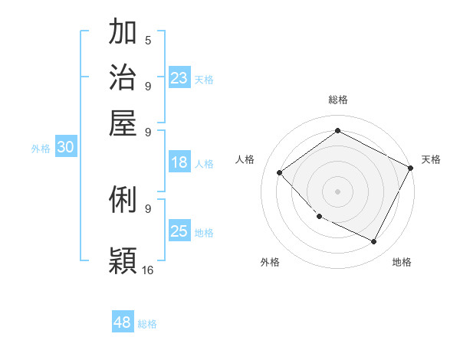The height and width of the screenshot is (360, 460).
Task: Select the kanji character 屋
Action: click(x=123, y=122)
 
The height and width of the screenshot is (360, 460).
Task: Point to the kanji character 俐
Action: click(x=123, y=201)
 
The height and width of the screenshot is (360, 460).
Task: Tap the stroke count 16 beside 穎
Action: click(x=148, y=270)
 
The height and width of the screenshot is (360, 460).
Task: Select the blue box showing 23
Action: click(x=179, y=78)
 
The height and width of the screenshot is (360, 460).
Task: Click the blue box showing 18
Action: click(x=179, y=162)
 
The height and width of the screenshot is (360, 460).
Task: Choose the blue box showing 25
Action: click(x=179, y=231)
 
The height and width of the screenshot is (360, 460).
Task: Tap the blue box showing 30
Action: click(x=65, y=148)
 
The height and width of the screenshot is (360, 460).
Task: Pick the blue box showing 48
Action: click(x=123, y=322)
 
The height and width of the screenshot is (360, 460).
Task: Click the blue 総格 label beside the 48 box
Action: click(x=147, y=324)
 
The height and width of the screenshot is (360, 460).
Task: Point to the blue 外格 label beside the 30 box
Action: click(x=41, y=149)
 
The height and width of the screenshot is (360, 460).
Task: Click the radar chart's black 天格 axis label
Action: click(x=431, y=159)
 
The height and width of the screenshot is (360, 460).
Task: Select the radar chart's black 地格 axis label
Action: click(x=402, y=262)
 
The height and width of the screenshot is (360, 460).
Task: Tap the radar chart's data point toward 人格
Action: click(x=280, y=173)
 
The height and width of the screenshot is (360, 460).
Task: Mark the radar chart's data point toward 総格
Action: click(x=337, y=131)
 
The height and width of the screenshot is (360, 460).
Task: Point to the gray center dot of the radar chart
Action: click(x=337, y=191)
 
